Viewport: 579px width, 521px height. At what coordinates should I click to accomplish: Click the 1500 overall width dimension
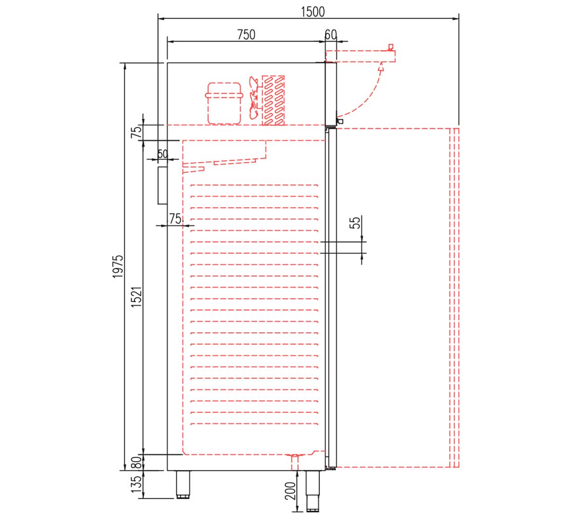pos(313,12)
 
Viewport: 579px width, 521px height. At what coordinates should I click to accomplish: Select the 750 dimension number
pos(246,35)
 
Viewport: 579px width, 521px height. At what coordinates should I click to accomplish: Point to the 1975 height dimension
pos(117,266)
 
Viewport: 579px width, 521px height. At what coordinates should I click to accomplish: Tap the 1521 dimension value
pos(136,297)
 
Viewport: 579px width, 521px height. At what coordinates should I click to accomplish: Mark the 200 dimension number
pos(290,491)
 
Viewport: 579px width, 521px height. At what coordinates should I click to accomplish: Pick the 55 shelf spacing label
pos(355,222)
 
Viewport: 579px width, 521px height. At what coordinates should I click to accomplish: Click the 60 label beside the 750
pos(331,35)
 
